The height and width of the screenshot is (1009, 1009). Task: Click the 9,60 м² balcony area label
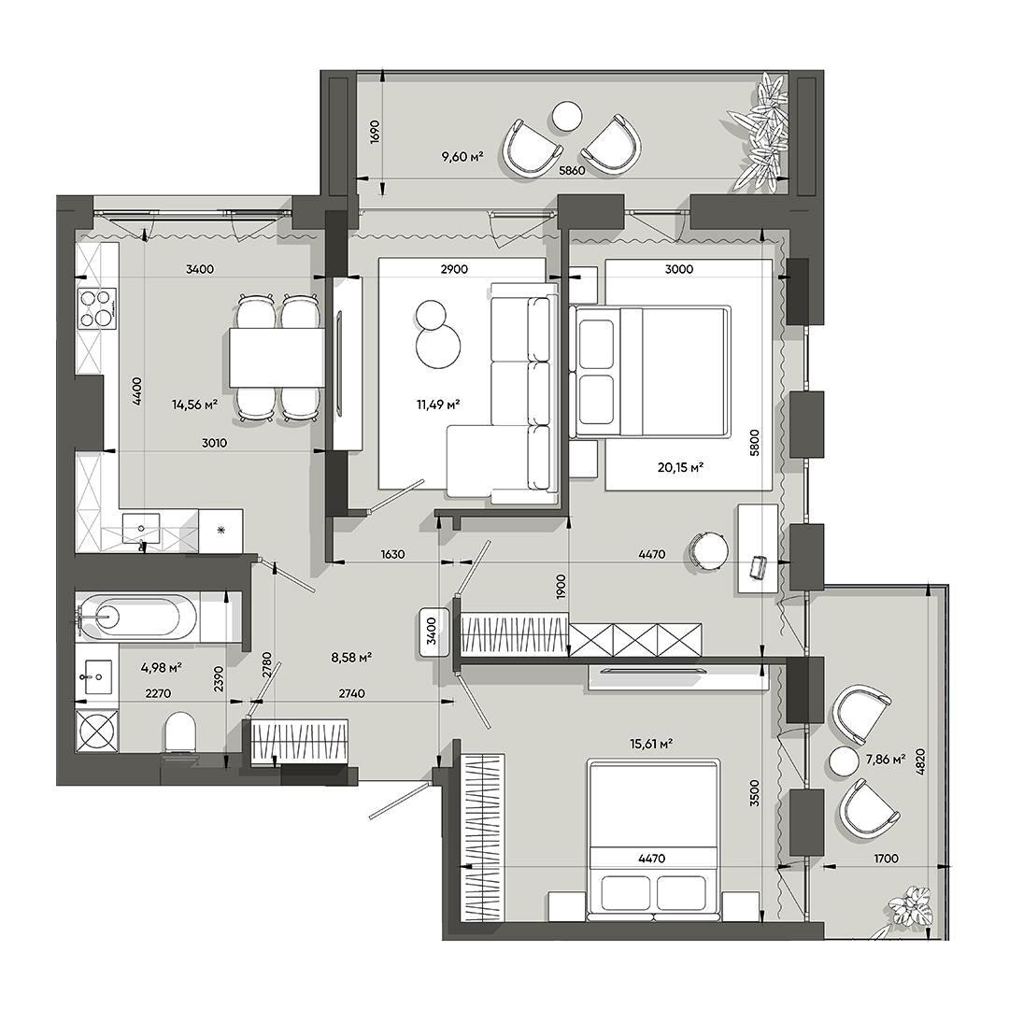(462, 156)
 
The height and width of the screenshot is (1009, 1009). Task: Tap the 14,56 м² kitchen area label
(194, 405)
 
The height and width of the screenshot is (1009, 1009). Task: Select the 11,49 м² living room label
(438, 405)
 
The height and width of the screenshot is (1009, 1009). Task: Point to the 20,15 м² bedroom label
(680, 468)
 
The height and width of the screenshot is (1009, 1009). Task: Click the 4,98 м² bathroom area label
(161, 668)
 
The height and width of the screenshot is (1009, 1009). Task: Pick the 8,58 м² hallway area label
(351, 658)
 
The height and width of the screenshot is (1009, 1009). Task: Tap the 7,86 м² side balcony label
(886, 760)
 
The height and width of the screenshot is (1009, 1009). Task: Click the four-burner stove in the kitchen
(97, 308)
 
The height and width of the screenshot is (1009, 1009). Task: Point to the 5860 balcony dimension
(572, 171)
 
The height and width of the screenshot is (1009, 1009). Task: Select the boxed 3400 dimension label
(432, 632)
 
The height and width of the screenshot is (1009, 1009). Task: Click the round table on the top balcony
(568, 117)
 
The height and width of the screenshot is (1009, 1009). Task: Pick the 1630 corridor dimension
(392, 554)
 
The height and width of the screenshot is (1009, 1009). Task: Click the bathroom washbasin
(98, 677)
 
